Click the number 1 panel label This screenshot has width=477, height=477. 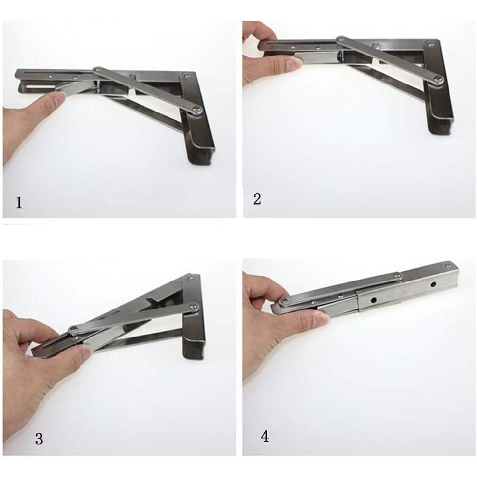pyautogui.click(x=19, y=202)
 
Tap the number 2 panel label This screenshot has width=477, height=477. pyautogui.click(x=257, y=199)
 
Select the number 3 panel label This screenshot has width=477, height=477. pyautogui.click(x=39, y=439)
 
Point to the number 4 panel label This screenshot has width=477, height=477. pyautogui.click(x=265, y=436)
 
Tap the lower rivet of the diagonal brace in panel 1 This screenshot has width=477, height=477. pyautogui.click(x=196, y=110)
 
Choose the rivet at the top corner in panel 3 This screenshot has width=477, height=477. pyautogui.click(x=192, y=279)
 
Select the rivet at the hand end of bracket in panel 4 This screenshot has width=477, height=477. pyautogui.click(x=284, y=302)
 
